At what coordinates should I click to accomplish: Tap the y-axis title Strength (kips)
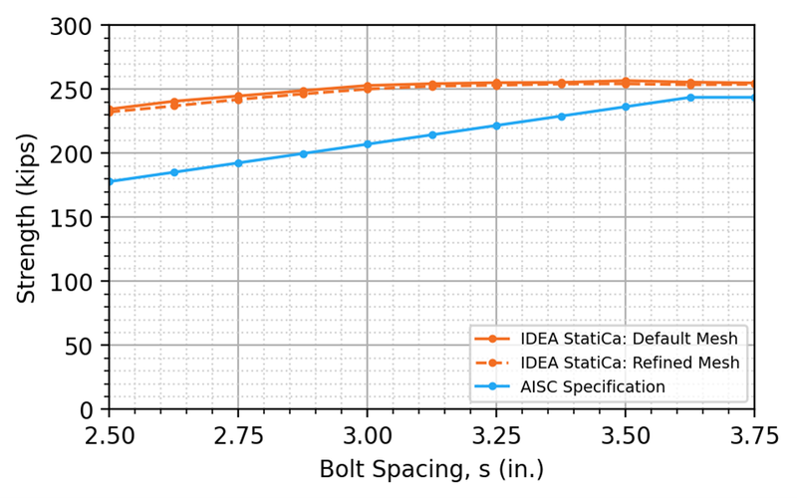click(27, 217)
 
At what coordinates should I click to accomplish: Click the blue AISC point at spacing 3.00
click(368, 144)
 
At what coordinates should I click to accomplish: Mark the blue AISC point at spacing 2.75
click(238, 163)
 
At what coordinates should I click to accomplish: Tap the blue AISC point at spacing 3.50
click(626, 107)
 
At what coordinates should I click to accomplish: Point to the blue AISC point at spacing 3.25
click(496, 125)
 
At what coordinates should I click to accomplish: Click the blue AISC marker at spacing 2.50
click(110, 181)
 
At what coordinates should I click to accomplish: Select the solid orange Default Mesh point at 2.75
click(238, 96)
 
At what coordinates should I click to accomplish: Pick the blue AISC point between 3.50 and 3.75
click(690, 98)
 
